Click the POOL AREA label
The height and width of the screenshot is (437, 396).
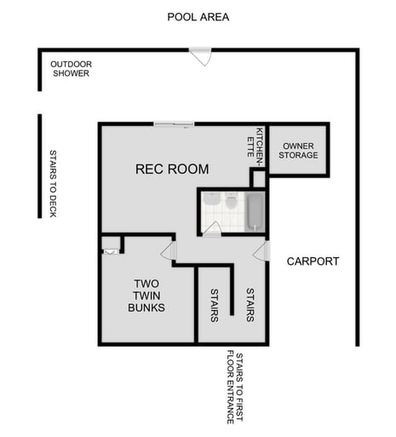pyautogui.click(x=198, y=17)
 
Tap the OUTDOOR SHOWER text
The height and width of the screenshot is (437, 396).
pyautogui.click(x=71, y=68)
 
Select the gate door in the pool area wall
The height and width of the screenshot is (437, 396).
pyautogui.click(x=201, y=56)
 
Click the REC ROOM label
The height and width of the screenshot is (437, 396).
pyautogui.click(x=172, y=170)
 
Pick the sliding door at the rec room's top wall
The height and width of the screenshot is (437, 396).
pyautogui.click(x=174, y=125)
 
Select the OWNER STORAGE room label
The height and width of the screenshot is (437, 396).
pyautogui.click(x=299, y=150)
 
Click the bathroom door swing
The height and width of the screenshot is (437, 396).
pyautogui.click(x=214, y=228)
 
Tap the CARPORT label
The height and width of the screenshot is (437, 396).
pyautogui.click(x=313, y=262)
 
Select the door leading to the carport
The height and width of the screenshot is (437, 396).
pyautogui.click(x=261, y=250)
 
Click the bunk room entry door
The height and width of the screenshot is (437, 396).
pyautogui.click(x=169, y=250)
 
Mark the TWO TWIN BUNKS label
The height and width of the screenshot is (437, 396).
pyautogui.click(x=146, y=295)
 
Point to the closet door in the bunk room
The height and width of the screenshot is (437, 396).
pyautogui.click(x=111, y=250)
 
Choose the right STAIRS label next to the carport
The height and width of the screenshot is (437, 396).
pyautogui.click(x=250, y=305)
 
